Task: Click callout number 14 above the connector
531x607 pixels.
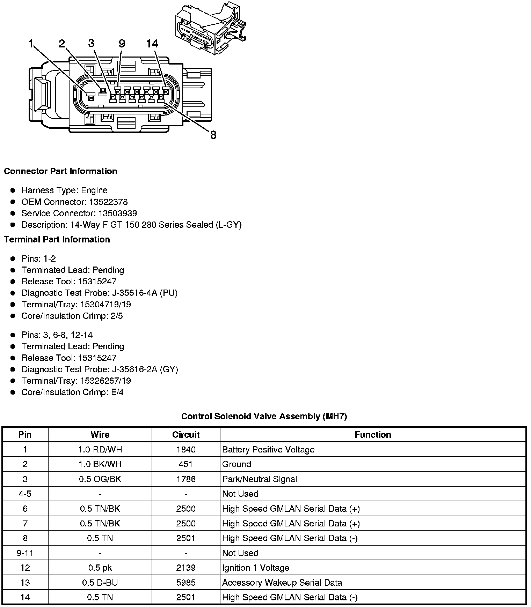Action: click(x=152, y=44)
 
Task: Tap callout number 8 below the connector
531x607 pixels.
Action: click(x=213, y=135)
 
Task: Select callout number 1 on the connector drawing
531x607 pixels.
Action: click(x=31, y=44)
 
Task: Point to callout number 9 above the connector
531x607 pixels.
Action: click(x=122, y=44)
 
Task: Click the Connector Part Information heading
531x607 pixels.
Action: click(x=60, y=171)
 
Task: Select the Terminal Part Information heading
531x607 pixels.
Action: click(x=57, y=239)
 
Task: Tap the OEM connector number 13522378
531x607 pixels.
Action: click(x=108, y=202)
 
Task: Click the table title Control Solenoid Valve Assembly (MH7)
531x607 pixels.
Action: click(x=264, y=416)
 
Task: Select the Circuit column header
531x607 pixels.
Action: click(x=186, y=435)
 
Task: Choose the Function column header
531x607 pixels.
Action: click(x=373, y=435)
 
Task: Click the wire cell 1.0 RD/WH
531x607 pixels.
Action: click(x=100, y=449)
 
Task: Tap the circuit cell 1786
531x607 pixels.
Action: click(x=186, y=479)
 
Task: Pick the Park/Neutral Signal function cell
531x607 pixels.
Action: click(x=260, y=479)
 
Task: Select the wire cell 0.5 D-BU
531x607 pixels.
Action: click(x=100, y=583)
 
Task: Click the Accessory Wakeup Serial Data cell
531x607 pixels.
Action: click(x=282, y=583)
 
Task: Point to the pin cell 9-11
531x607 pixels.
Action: click(x=25, y=553)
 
